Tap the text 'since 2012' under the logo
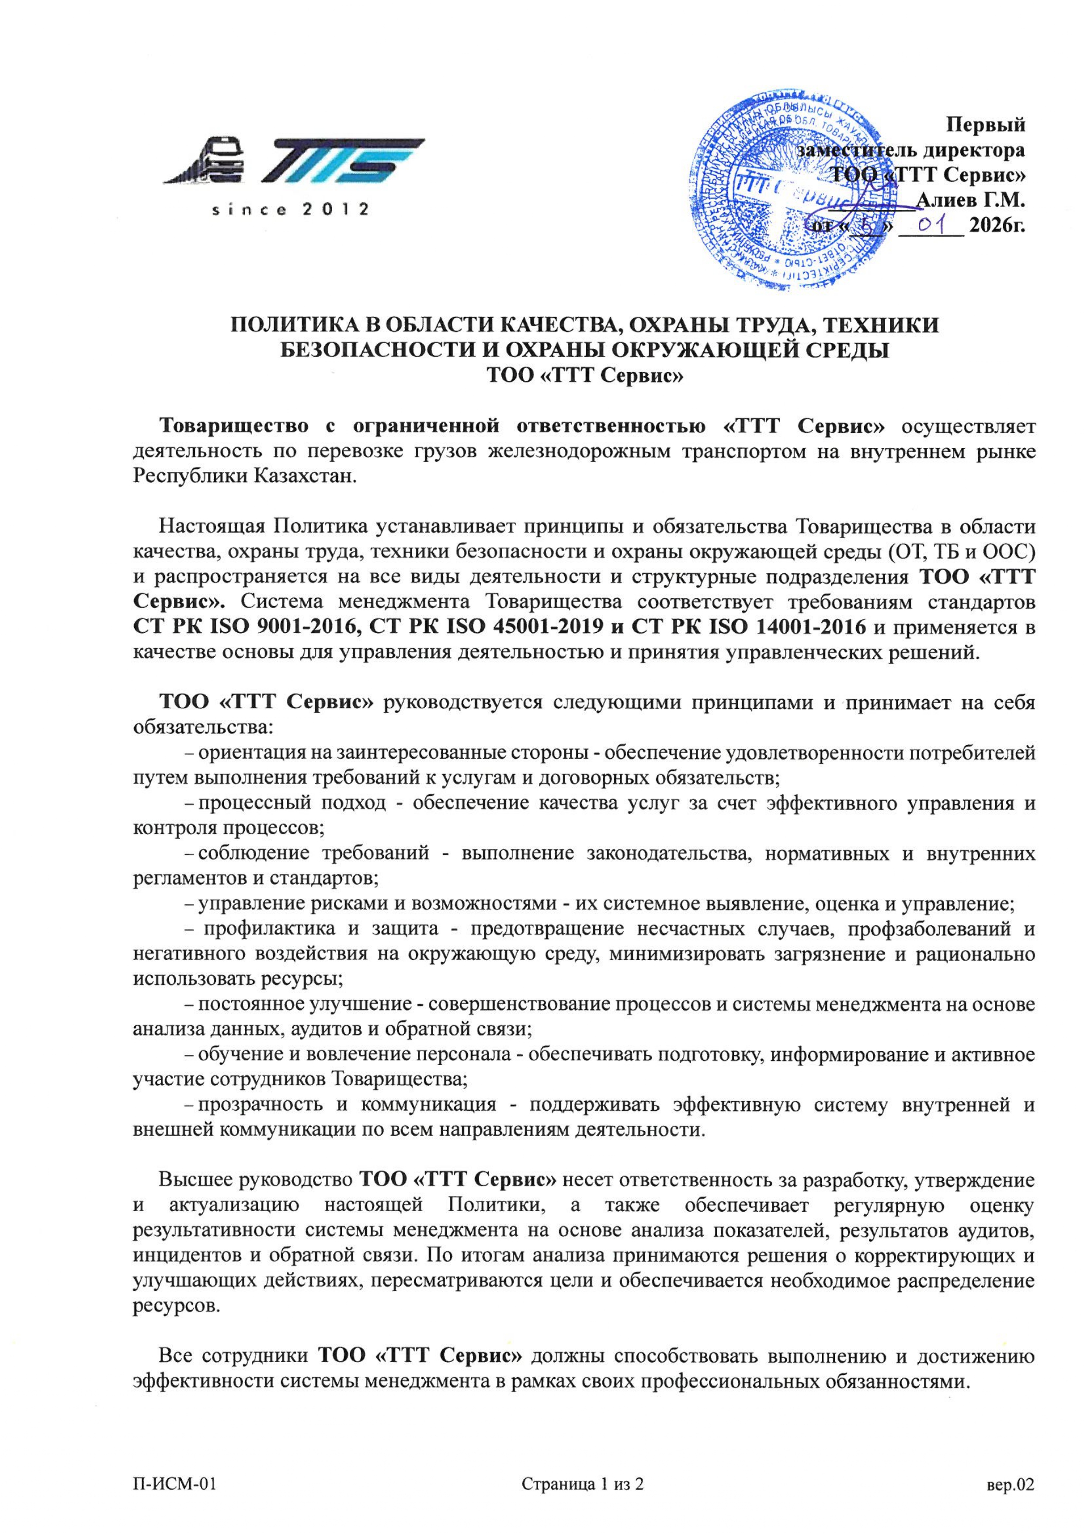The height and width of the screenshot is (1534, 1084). point(290,210)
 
